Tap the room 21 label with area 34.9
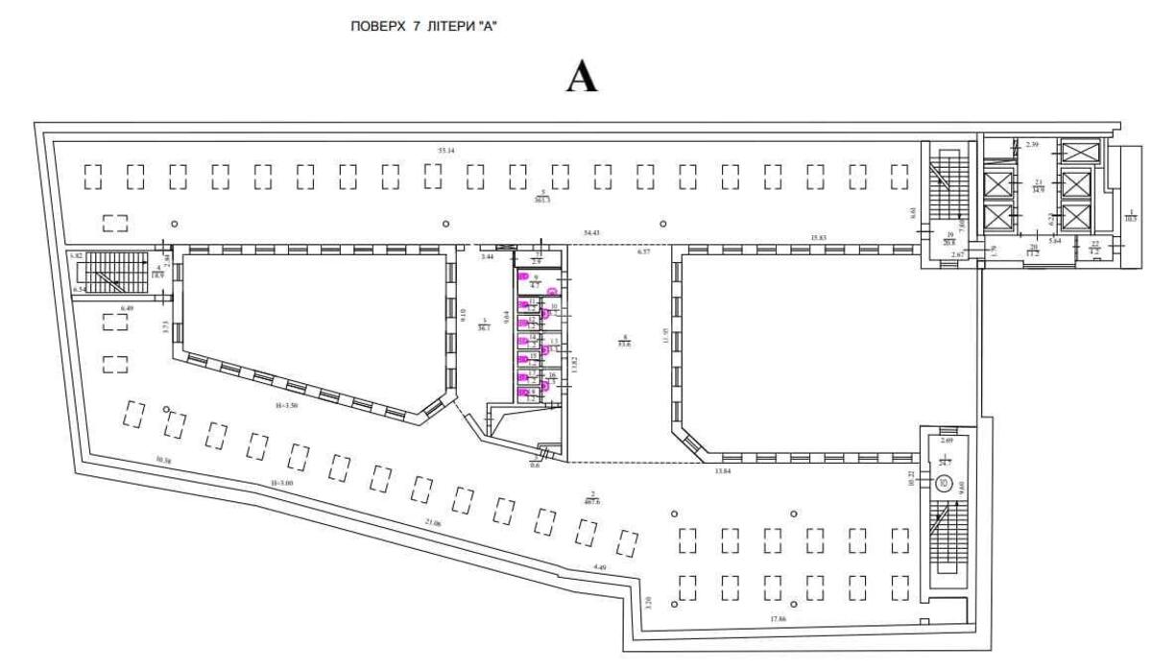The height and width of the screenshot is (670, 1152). [x=1039, y=188]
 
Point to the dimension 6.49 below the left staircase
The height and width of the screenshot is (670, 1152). [x=127, y=308]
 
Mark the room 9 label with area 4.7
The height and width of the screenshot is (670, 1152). [x=537, y=281]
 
